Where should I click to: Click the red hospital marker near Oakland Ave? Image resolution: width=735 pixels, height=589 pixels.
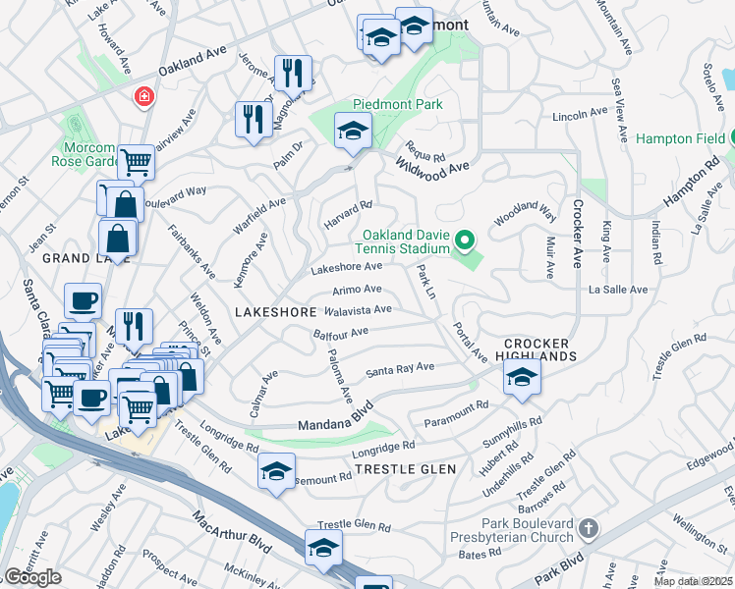144,97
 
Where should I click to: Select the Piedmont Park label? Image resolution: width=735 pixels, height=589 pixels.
398,105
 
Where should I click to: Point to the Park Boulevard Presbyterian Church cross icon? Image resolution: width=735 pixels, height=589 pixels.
588,529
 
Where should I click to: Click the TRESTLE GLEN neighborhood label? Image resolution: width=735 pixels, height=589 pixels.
405,469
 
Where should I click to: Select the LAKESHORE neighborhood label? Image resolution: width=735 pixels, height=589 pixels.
276,311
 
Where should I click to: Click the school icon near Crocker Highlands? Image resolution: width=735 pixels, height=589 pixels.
522,376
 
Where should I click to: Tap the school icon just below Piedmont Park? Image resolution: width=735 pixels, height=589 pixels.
352,130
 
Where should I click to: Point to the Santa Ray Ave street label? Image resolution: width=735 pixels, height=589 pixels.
400,369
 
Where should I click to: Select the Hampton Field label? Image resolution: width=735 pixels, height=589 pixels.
678,139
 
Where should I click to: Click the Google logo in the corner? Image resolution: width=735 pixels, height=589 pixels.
32,576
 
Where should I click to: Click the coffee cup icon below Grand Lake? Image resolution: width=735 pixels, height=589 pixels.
83,300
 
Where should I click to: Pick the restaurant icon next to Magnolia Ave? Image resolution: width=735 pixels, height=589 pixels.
292,72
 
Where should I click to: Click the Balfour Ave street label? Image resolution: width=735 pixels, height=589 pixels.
340,334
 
